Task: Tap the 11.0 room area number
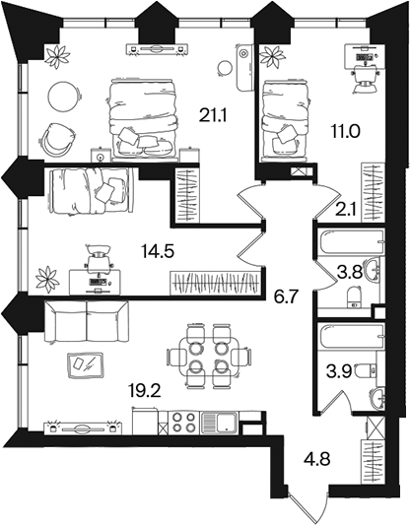[345, 131]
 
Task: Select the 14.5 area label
[158, 251]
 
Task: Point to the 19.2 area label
[144, 390]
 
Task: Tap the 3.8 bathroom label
[350, 272]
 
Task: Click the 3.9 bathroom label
[340, 371]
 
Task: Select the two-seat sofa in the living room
[86, 321]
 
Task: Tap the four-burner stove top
[183, 423]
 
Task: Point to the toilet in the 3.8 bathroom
[354, 296]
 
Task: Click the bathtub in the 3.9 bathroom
[351, 336]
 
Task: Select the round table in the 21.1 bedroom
[65, 97]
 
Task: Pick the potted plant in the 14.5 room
[47, 279]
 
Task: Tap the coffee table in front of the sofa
[85, 365]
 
